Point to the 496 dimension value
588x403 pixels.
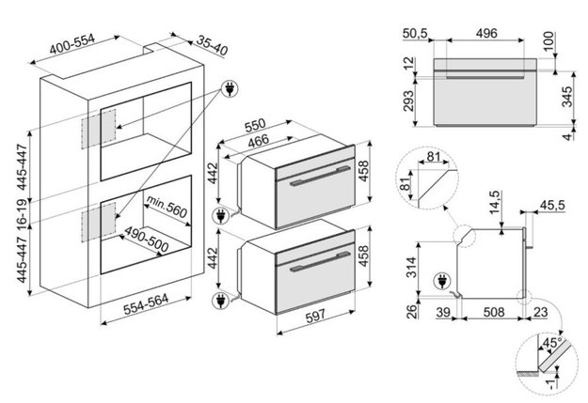point(485,34)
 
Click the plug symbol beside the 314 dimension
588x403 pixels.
point(441,279)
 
